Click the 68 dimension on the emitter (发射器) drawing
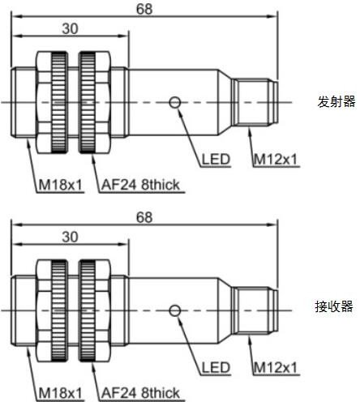144,9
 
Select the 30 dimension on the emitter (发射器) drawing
70,28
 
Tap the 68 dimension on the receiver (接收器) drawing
144,217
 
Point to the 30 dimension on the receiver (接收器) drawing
70,237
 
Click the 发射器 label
336,101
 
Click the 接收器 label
334,306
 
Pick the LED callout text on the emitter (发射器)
216,160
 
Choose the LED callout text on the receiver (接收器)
216,368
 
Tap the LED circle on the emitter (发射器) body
175,102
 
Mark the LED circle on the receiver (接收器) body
175,310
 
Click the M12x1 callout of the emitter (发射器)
276,160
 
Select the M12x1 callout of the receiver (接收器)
276,368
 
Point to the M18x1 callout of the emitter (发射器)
60,185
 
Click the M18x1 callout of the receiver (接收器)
60,393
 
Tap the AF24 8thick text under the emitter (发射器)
140,185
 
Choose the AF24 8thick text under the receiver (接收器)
140,393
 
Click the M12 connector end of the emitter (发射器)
255,102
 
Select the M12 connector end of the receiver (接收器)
255,310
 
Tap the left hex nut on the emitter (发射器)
52,102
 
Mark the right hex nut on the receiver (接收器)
95,310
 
